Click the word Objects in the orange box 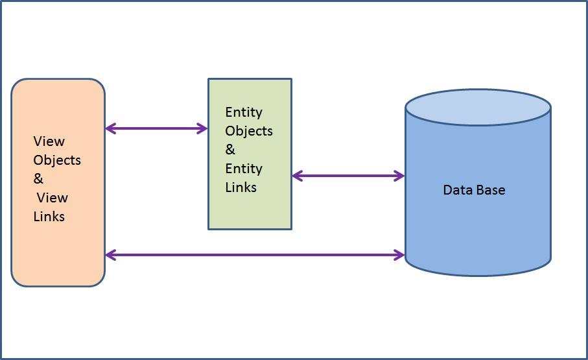(57, 160)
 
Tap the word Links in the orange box (49, 217)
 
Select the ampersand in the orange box (38, 179)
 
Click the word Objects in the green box (249, 131)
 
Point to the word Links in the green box (241, 187)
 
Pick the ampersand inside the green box (230, 150)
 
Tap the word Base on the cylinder (489, 190)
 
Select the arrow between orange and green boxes (156, 128)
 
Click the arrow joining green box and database (348, 175)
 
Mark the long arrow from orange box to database (255, 255)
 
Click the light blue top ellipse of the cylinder (478, 106)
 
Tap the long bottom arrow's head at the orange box (110, 255)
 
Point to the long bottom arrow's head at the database (400, 255)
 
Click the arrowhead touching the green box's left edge (203, 128)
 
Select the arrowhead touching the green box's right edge (297, 175)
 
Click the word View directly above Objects (49, 141)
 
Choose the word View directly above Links (53, 198)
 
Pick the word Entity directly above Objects (244, 112)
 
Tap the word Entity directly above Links (244, 169)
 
